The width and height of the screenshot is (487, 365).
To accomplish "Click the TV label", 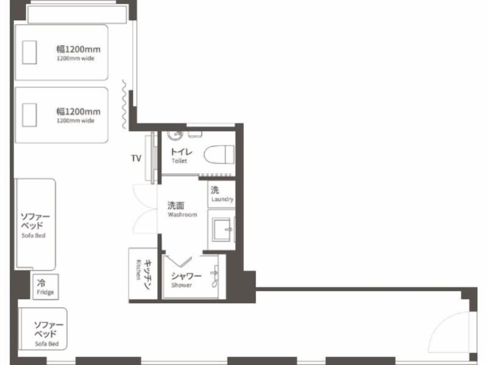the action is click(136, 158).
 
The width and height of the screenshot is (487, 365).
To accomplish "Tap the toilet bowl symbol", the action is click(219, 154).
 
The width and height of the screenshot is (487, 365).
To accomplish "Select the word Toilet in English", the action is click(179, 161).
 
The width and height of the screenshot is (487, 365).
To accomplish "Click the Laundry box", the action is click(222, 194).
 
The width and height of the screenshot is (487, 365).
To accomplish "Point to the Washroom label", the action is click(182, 215).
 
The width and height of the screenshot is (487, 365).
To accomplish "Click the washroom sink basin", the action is click(221, 230).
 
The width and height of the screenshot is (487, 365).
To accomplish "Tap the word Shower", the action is click(181, 285).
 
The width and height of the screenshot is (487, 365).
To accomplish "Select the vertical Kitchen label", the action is click(138, 270).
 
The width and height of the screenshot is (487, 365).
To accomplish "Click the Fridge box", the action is click(46, 287).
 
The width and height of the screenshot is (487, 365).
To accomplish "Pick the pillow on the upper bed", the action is click(29, 52).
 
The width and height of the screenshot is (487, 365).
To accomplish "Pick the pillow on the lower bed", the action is click(29, 114).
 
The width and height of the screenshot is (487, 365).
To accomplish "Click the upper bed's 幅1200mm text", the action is click(78, 49).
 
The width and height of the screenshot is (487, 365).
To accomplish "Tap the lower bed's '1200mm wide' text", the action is click(75, 120).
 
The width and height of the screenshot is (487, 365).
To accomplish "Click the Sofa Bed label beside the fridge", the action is click(34, 235).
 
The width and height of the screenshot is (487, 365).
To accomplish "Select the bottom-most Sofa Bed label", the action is click(47, 344).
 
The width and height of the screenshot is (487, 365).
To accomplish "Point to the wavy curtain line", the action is click(124, 104).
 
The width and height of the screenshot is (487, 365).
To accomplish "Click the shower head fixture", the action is click(215, 276).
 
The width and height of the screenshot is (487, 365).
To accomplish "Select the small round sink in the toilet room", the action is click(175, 135).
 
